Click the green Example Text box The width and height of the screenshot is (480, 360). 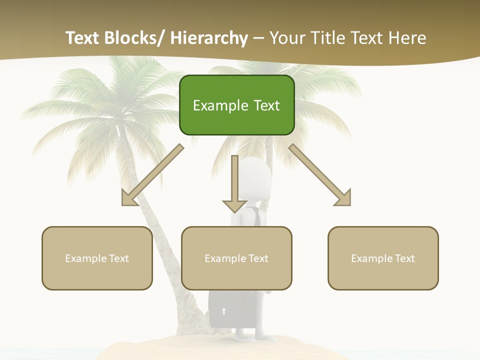236,105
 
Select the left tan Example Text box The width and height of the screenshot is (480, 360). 97,258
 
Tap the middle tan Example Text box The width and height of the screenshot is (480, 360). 236,258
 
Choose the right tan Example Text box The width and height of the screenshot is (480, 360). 383,258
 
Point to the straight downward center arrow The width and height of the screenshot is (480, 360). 234,185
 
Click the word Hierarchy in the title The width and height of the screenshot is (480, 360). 209,38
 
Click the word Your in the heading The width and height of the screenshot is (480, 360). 286,38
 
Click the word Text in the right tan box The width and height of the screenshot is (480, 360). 403,258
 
